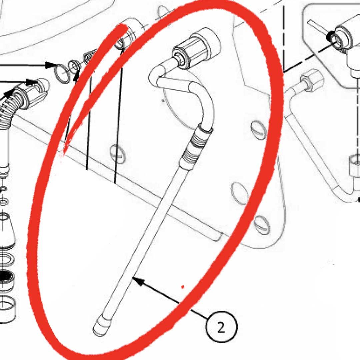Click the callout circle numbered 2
tap(221, 327)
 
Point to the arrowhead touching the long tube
tap(138, 281)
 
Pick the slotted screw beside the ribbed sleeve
tap(259, 130)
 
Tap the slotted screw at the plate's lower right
tap(262, 225)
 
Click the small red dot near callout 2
tap(183, 287)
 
